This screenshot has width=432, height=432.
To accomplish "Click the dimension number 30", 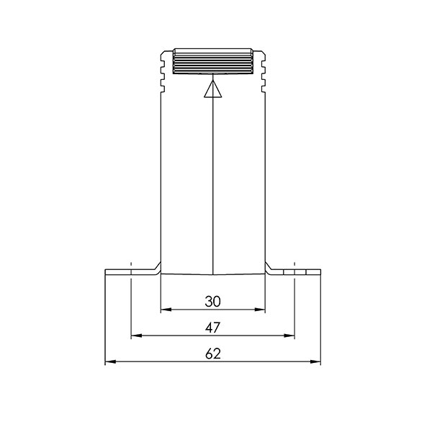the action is [212, 302].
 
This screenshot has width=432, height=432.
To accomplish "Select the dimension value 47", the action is [212, 328].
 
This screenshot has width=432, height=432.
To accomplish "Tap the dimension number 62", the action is [213, 354].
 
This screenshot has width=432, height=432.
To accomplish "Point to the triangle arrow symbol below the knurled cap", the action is [213, 89].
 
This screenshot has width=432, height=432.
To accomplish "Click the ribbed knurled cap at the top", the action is [213, 61].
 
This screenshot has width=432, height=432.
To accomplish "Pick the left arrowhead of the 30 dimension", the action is [166, 310].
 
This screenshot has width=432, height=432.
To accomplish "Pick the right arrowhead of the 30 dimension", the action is [259, 310].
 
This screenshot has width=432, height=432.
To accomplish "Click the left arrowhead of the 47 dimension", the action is [137, 336].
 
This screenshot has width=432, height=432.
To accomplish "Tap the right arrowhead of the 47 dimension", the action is [289, 336].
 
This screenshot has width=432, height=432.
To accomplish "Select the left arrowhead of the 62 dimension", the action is [110, 361].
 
